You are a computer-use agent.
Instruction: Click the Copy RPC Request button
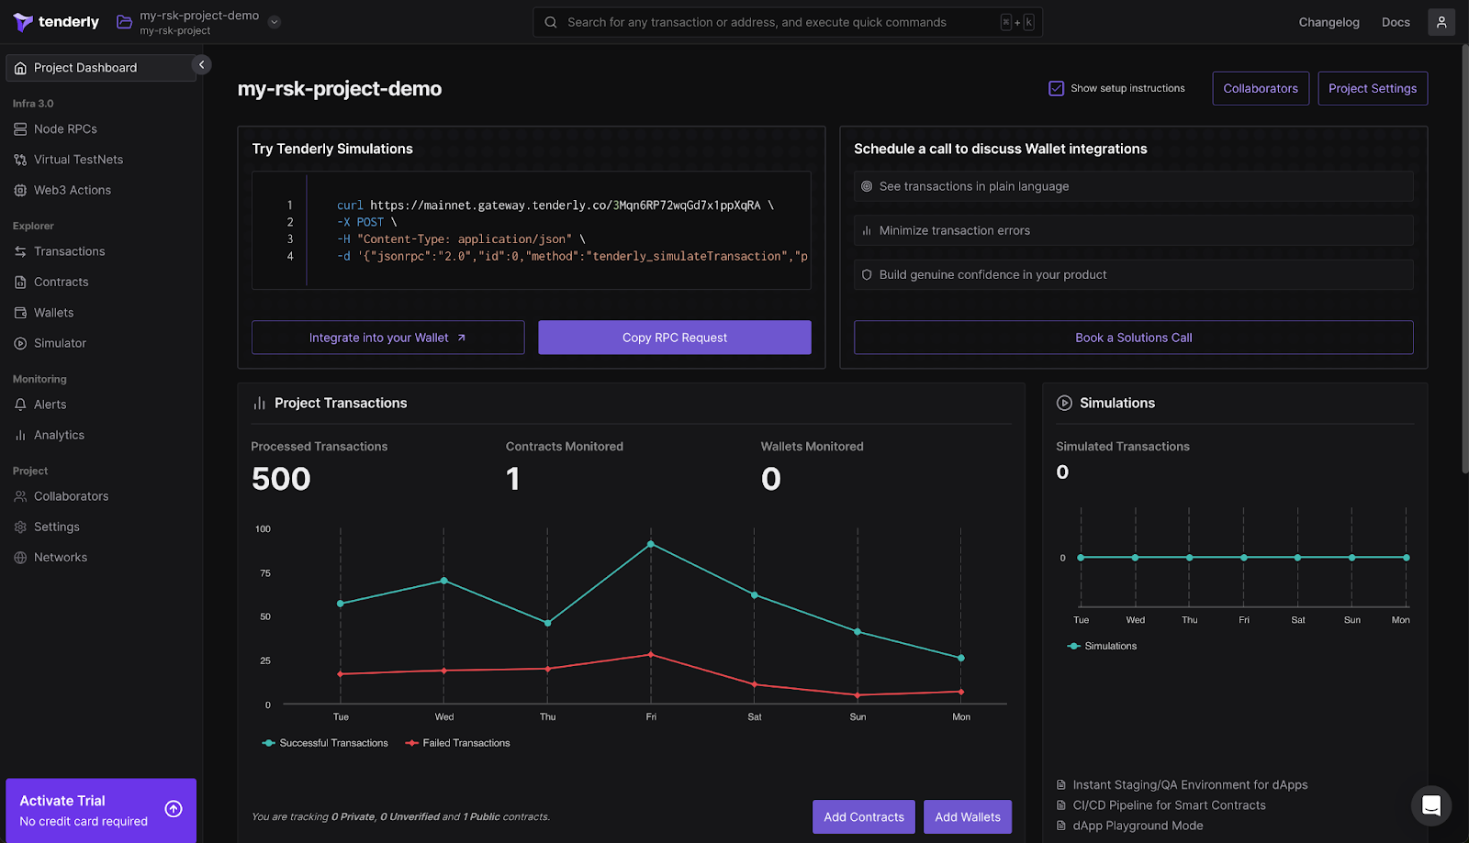(674, 338)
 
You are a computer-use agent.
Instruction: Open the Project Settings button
(1372, 88)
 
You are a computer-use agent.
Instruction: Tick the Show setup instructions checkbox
(1056, 88)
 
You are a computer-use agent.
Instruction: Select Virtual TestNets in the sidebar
(78, 160)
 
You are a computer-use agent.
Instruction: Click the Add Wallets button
(967, 816)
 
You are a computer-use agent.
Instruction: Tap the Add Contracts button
(863, 816)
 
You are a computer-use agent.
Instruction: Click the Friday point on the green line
(651, 544)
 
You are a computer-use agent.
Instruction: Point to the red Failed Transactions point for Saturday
(755, 684)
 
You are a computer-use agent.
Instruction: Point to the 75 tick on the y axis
(265, 573)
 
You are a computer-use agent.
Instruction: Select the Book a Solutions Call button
(1133, 338)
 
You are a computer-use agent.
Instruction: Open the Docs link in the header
(1395, 22)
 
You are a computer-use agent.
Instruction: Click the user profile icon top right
(1441, 22)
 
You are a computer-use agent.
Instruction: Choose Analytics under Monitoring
(59, 435)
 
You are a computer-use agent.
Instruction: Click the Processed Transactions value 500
(281, 479)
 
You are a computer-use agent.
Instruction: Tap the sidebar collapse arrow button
(202, 64)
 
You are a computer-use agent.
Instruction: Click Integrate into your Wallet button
(387, 338)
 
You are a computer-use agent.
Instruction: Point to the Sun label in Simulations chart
(1351, 620)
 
